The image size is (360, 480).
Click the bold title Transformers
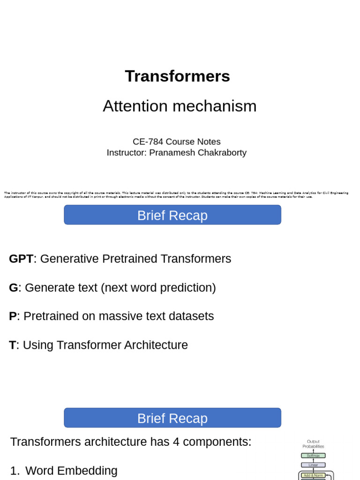177,76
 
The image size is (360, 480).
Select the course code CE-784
148,142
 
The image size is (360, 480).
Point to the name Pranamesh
169,153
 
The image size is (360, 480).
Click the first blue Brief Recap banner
172,215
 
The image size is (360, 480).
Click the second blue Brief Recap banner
172,418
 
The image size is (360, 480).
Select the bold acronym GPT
21,259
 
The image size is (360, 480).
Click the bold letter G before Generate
13,288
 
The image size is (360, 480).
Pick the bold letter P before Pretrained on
13,316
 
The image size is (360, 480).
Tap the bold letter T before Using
12,345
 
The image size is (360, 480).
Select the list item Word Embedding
71,471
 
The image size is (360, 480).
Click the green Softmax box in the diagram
313,456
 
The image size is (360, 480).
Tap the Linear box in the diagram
313,465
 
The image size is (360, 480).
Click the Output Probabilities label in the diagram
313,444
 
